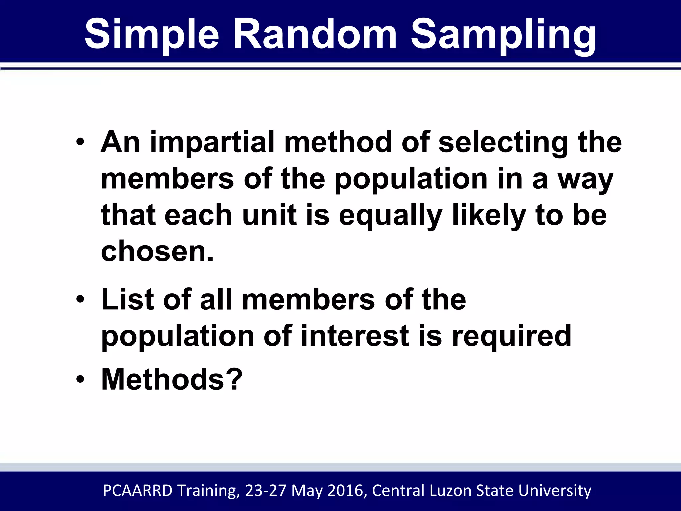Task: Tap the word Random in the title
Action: pyautogui.click(x=315, y=34)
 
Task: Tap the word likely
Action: pyautogui.click(x=489, y=216)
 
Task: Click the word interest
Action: pyautogui.click(x=354, y=336)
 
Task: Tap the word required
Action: pyautogui.click(x=511, y=337)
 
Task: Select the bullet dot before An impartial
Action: pyautogui.click(x=80, y=143)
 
